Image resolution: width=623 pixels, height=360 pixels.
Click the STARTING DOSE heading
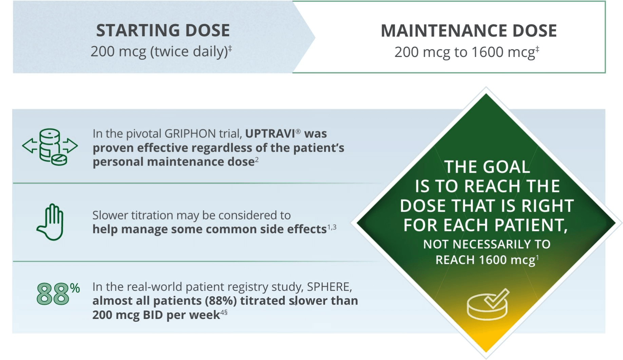[163, 31]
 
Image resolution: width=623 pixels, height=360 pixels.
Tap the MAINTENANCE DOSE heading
[469, 31]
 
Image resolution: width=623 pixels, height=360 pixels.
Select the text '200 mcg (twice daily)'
[159, 52]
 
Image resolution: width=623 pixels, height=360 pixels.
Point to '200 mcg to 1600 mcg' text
[465, 52]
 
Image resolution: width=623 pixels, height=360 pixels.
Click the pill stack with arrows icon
[50, 147]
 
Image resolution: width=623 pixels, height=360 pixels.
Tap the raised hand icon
[51, 222]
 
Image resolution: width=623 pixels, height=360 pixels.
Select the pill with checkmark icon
[488, 304]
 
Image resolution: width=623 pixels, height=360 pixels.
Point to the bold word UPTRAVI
[270, 134]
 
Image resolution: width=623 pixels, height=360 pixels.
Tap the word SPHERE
[328, 287]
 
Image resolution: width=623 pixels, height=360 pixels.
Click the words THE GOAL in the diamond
[487, 167]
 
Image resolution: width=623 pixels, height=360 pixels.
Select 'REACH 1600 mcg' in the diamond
[485, 260]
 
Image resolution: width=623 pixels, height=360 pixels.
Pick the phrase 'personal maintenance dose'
[173, 162]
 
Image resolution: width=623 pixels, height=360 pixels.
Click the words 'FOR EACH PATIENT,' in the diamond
[486, 225]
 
